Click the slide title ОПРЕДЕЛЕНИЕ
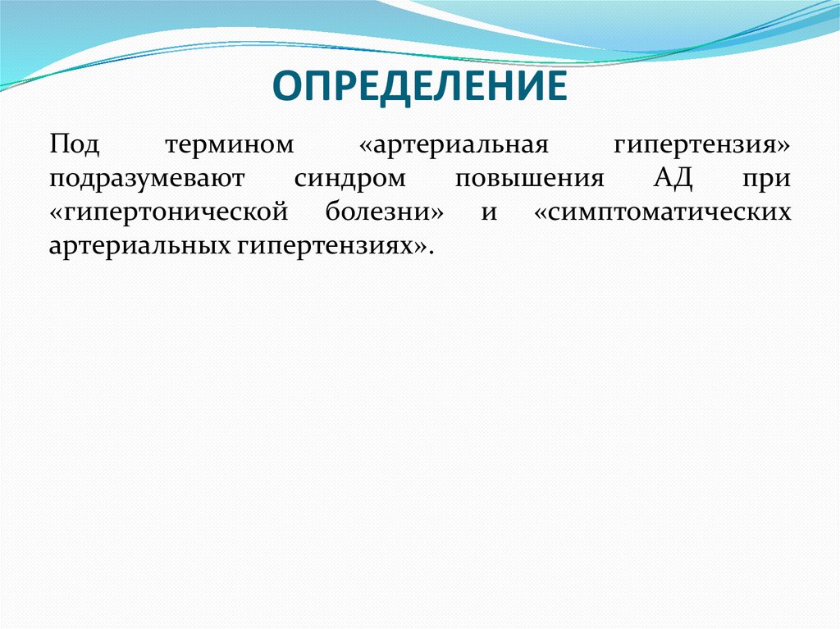tap(419, 86)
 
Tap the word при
tap(769, 179)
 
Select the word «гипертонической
tap(167, 212)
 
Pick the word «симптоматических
tap(662, 212)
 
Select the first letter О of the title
tap(286, 86)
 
